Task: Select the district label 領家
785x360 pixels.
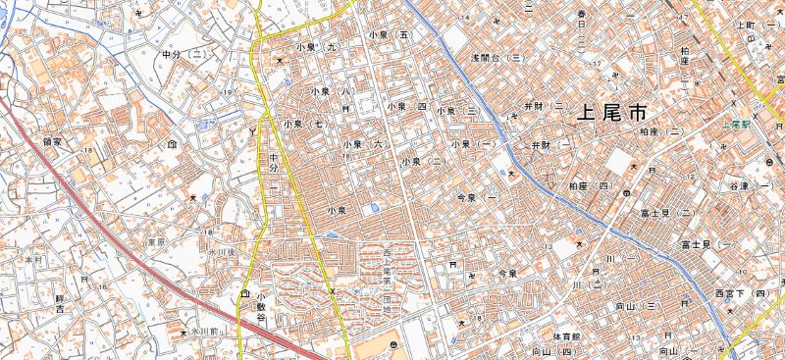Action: click(52, 141)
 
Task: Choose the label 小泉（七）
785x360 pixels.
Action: click(304, 125)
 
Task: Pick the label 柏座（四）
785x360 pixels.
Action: click(590, 184)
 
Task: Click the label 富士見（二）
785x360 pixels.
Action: click(673, 211)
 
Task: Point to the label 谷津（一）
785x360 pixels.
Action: click(750, 186)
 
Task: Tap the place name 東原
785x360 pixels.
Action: click(155, 240)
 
